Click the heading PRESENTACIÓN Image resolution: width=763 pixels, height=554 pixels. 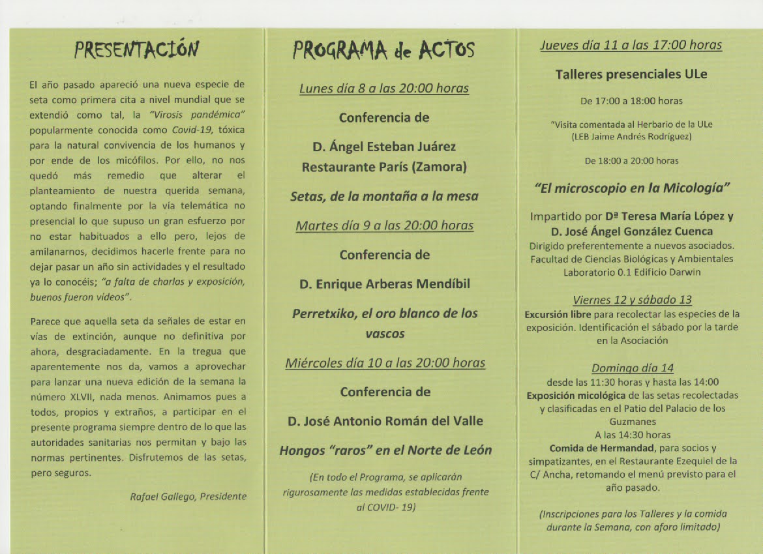[136, 50]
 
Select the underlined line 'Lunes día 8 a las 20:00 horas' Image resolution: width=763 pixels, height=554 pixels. [384, 89]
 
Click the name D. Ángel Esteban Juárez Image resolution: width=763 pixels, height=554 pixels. [384, 147]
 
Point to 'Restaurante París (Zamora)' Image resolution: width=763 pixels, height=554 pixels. [384, 168]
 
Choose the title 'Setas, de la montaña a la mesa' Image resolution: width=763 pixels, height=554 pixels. [384, 196]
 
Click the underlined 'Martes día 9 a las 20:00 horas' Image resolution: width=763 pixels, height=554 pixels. [384, 226]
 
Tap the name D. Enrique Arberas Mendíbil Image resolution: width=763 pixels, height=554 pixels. [384, 284]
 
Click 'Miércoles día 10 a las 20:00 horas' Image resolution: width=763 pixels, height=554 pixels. [385, 363]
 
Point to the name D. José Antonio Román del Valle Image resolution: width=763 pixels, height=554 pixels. [385, 421]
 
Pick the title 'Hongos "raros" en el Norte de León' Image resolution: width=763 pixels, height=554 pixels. [385, 450]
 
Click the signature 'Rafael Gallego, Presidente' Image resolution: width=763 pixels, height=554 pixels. [188, 497]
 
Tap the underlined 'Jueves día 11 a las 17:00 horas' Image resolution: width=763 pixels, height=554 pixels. [631, 45]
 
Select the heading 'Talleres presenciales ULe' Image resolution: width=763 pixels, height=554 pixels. [631, 74]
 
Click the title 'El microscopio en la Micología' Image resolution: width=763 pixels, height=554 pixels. [631, 188]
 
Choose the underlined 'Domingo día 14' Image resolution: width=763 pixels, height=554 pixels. [632, 369]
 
